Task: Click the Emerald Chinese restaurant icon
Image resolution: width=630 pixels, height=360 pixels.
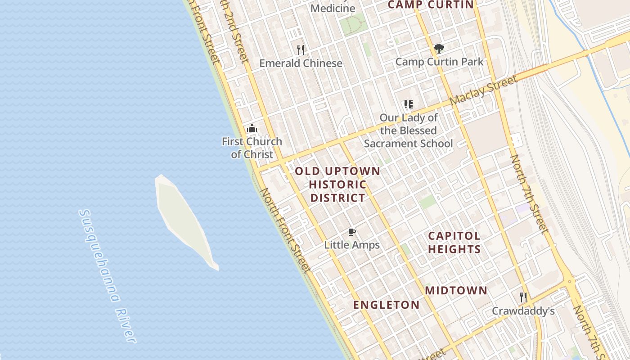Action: pyautogui.click(x=301, y=49)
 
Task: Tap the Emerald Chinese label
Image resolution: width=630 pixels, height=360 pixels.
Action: pyautogui.click(x=301, y=63)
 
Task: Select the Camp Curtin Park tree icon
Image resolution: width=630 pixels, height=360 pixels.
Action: pyautogui.click(x=439, y=49)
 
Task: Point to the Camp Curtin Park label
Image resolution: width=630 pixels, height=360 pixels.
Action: pyautogui.click(x=439, y=62)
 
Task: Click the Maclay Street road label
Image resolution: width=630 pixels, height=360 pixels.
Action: pyautogui.click(x=483, y=91)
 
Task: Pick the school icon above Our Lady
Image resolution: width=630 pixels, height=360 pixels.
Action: pyautogui.click(x=409, y=105)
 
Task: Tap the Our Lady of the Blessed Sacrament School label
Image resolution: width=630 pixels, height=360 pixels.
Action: pyautogui.click(x=409, y=130)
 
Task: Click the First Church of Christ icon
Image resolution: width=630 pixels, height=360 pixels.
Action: pyautogui.click(x=252, y=129)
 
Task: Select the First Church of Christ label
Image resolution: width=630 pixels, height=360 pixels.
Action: pyautogui.click(x=252, y=148)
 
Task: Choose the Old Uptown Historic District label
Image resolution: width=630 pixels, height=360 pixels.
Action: pyautogui.click(x=338, y=184)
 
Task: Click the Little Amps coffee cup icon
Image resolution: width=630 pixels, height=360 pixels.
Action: pyautogui.click(x=352, y=232)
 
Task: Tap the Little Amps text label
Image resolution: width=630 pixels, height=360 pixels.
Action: pyautogui.click(x=352, y=245)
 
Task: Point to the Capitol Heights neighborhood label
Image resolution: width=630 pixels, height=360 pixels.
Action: pyautogui.click(x=454, y=242)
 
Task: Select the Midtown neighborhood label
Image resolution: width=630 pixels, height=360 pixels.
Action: pyautogui.click(x=456, y=290)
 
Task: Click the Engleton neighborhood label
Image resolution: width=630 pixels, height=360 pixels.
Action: pyautogui.click(x=386, y=305)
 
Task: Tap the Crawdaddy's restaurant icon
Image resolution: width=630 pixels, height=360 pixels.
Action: pyautogui.click(x=523, y=297)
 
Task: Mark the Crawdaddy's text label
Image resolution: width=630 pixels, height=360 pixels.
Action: pyautogui.click(x=523, y=311)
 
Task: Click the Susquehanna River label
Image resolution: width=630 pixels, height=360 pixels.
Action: pyautogui.click(x=107, y=275)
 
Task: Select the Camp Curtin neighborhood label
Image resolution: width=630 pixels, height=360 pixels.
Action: pyautogui.click(x=431, y=5)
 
